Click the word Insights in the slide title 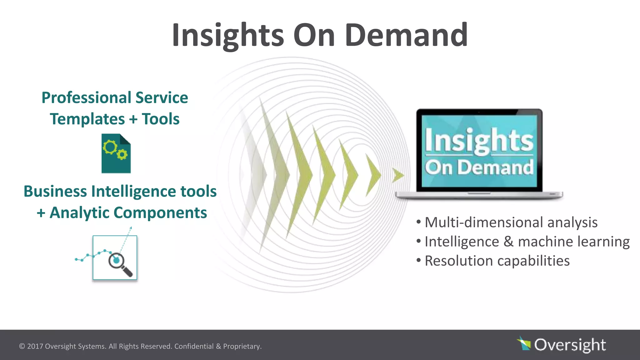click(227, 35)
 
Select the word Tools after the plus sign click(161, 119)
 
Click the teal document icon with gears click(116, 154)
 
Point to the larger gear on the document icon click(110, 147)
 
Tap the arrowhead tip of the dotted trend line click(131, 228)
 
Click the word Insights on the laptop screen click(479, 141)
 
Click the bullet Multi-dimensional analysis click(511, 222)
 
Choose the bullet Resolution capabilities click(497, 261)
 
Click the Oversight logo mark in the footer click(524, 344)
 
